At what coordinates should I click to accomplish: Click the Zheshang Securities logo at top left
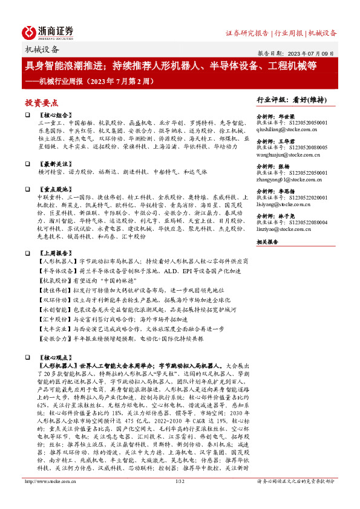[48, 31]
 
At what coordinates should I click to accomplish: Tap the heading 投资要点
[42, 103]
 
